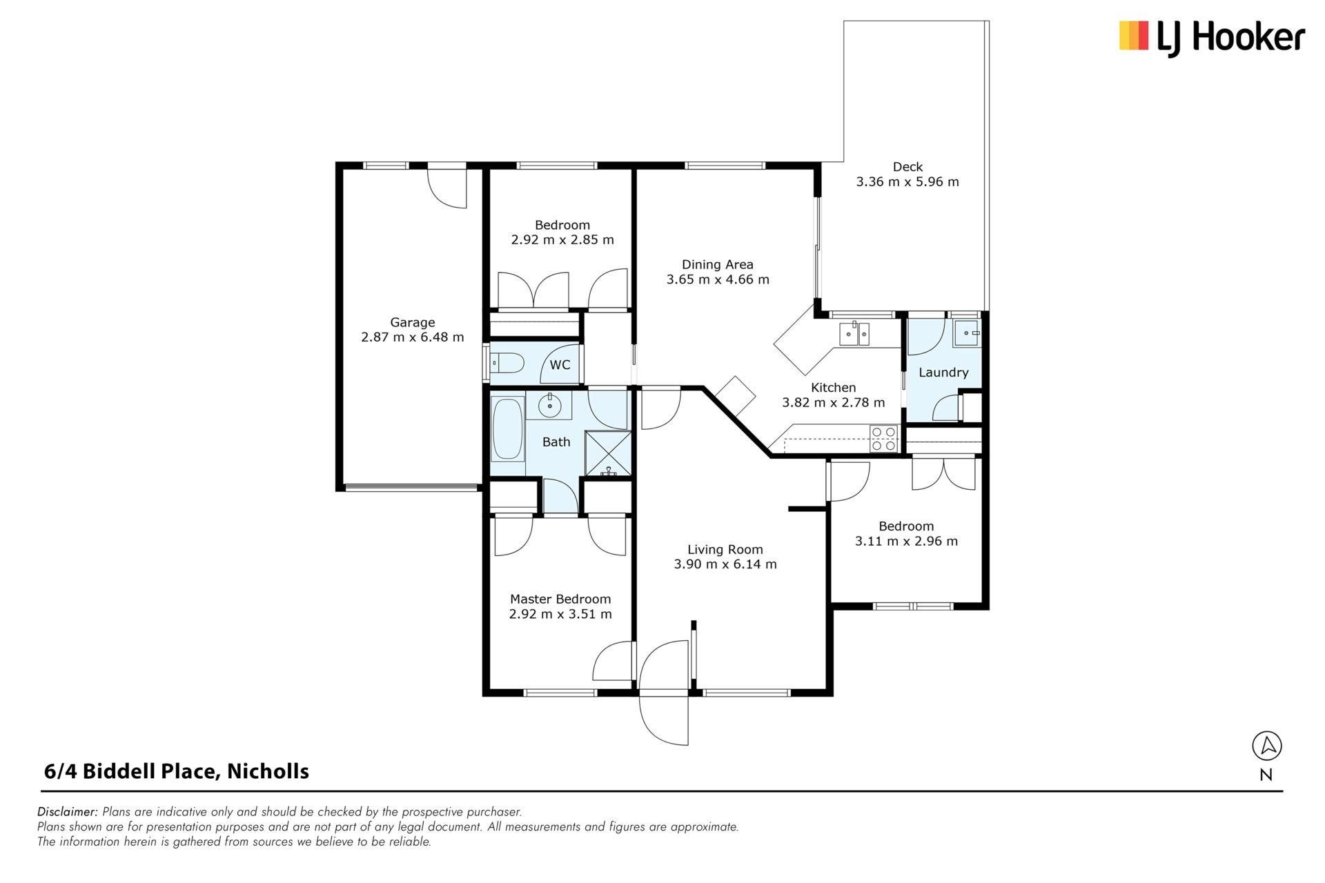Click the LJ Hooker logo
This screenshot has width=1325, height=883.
(x=1212, y=37)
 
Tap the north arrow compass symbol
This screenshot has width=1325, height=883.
(x=1266, y=746)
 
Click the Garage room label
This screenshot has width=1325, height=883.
(x=413, y=322)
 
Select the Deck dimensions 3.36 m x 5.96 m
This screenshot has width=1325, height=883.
(x=907, y=182)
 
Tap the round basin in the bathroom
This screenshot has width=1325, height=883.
(x=549, y=406)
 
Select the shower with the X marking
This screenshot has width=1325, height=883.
(x=608, y=453)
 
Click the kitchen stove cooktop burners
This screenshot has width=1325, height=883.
(x=884, y=439)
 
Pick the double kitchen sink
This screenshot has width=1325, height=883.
(x=854, y=333)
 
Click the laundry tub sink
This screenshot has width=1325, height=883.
(x=966, y=333)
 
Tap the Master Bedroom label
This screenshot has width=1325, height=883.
(x=560, y=599)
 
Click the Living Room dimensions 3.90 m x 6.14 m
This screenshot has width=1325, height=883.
(x=725, y=564)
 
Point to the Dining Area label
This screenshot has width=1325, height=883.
(x=718, y=264)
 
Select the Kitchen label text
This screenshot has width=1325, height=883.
(x=834, y=388)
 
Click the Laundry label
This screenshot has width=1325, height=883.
(x=943, y=373)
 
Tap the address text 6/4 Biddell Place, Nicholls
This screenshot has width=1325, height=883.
(x=177, y=771)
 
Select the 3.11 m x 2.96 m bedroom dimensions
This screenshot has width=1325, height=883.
(x=907, y=542)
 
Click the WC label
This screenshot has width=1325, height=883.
(x=560, y=364)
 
